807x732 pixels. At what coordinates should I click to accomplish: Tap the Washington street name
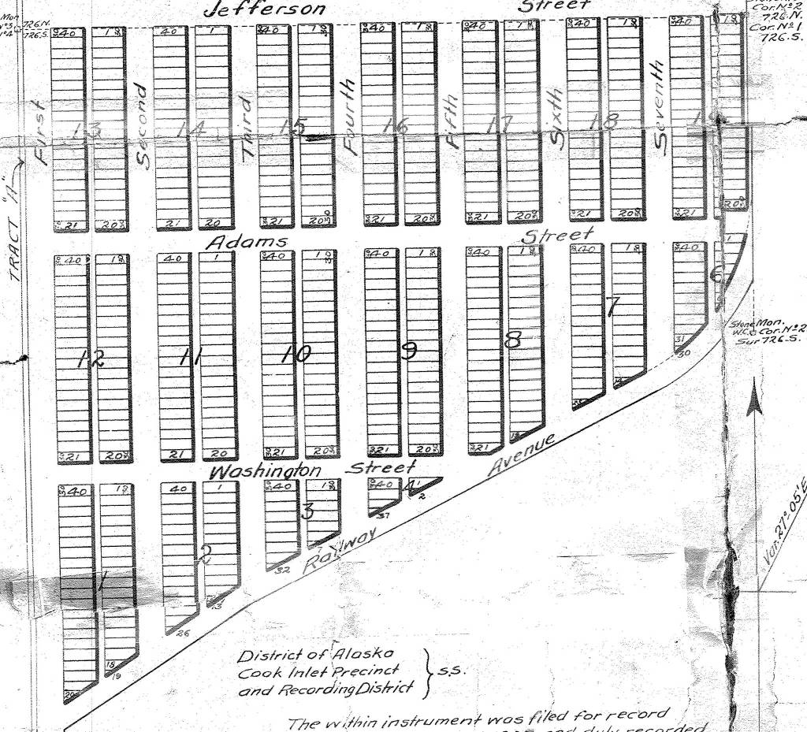(266, 471)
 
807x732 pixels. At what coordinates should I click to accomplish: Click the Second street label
(141, 124)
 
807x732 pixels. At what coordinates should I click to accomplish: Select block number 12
(91, 359)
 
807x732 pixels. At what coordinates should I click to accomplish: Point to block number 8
(512, 340)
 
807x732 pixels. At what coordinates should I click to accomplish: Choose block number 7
(613, 305)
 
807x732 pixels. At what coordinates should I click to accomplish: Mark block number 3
(307, 511)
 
